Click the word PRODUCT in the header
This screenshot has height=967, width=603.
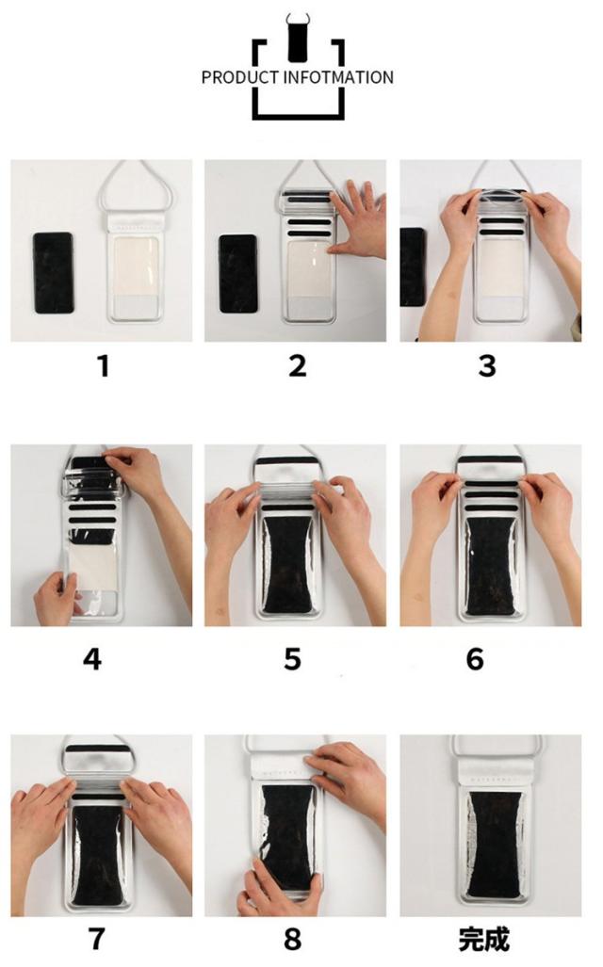click(x=240, y=78)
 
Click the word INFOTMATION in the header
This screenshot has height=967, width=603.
click(x=338, y=78)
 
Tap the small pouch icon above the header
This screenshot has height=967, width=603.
click(x=298, y=39)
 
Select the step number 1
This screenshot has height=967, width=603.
click(x=103, y=365)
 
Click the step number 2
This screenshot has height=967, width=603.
click(x=298, y=365)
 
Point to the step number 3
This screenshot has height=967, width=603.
click(x=487, y=365)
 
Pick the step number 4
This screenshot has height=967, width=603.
click(x=92, y=659)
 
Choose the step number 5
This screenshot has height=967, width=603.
click(x=293, y=659)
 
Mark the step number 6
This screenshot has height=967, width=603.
click(x=475, y=659)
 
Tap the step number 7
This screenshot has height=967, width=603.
click(x=96, y=939)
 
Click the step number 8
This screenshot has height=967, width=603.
click(x=293, y=939)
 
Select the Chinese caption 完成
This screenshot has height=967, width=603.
click(x=484, y=939)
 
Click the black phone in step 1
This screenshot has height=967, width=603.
click(x=53, y=272)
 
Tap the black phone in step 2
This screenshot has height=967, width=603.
click(x=238, y=273)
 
